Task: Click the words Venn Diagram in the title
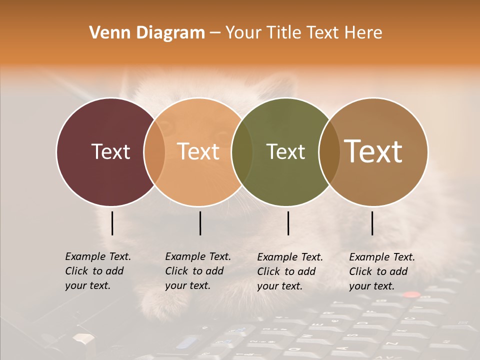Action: pyautogui.click(x=147, y=33)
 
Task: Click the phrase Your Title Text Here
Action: pyautogui.click(x=303, y=33)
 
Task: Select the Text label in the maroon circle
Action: pyautogui.click(x=110, y=151)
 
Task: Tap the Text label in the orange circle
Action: pyautogui.click(x=198, y=151)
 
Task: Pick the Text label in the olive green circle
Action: pyautogui.click(x=285, y=151)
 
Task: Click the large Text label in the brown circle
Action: pyautogui.click(x=373, y=151)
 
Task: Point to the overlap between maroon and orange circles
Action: pyautogui.click(x=154, y=152)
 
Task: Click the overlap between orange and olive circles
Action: pyautogui.click(x=242, y=152)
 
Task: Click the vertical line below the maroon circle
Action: pyautogui.click(x=112, y=223)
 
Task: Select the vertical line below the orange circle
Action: pyautogui.click(x=200, y=223)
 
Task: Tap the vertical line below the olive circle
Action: pyautogui.click(x=288, y=223)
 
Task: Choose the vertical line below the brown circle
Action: pyautogui.click(x=372, y=223)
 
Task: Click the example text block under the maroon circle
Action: pyautogui.click(x=98, y=271)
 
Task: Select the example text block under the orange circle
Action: pyautogui.click(x=198, y=271)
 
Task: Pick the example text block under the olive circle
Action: pyautogui.click(x=290, y=271)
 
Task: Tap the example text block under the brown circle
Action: pyautogui.click(x=382, y=271)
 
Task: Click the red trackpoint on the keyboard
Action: pyautogui.click(x=411, y=294)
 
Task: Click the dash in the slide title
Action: pyautogui.click(x=215, y=33)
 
